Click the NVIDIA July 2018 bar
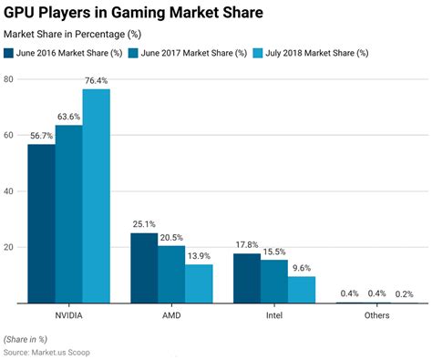(96, 196)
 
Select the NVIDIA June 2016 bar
(41, 223)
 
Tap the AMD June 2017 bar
(170, 274)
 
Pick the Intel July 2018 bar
(302, 290)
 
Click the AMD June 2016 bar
(144, 268)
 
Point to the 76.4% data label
(96, 80)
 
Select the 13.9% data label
(198, 255)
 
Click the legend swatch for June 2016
(10, 52)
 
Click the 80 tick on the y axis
(7, 79)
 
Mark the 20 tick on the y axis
(7, 247)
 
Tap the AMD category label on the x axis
(170, 315)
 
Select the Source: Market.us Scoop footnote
(47, 352)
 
